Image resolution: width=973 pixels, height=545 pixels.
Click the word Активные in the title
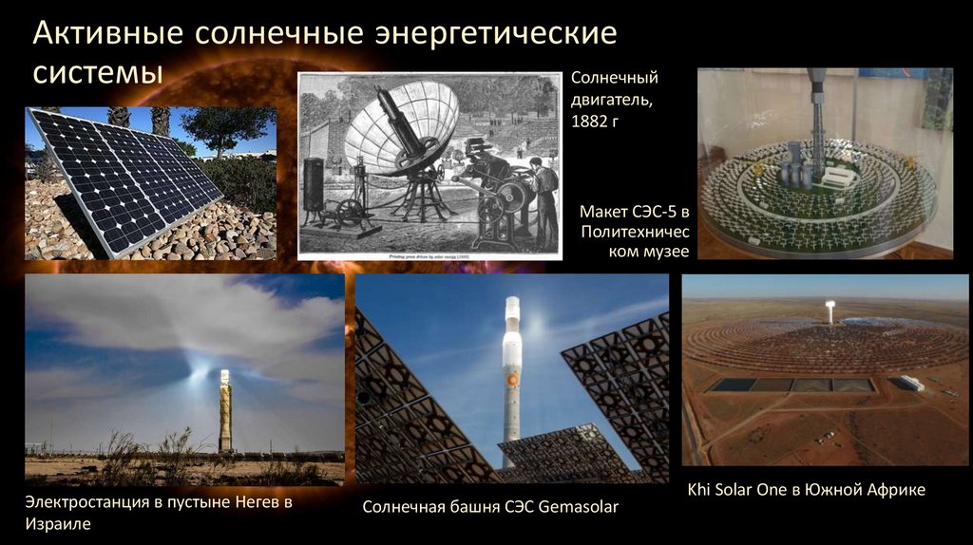pyautogui.click(x=104, y=34)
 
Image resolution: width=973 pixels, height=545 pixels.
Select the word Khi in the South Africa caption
pyautogui.click(x=700, y=490)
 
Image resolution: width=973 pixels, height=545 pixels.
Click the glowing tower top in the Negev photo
pyautogui.click(x=225, y=376)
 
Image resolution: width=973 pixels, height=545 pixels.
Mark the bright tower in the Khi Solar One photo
pyautogui.click(x=830, y=313)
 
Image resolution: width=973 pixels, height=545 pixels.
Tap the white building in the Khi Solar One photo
pyautogui.click(x=911, y=383)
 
